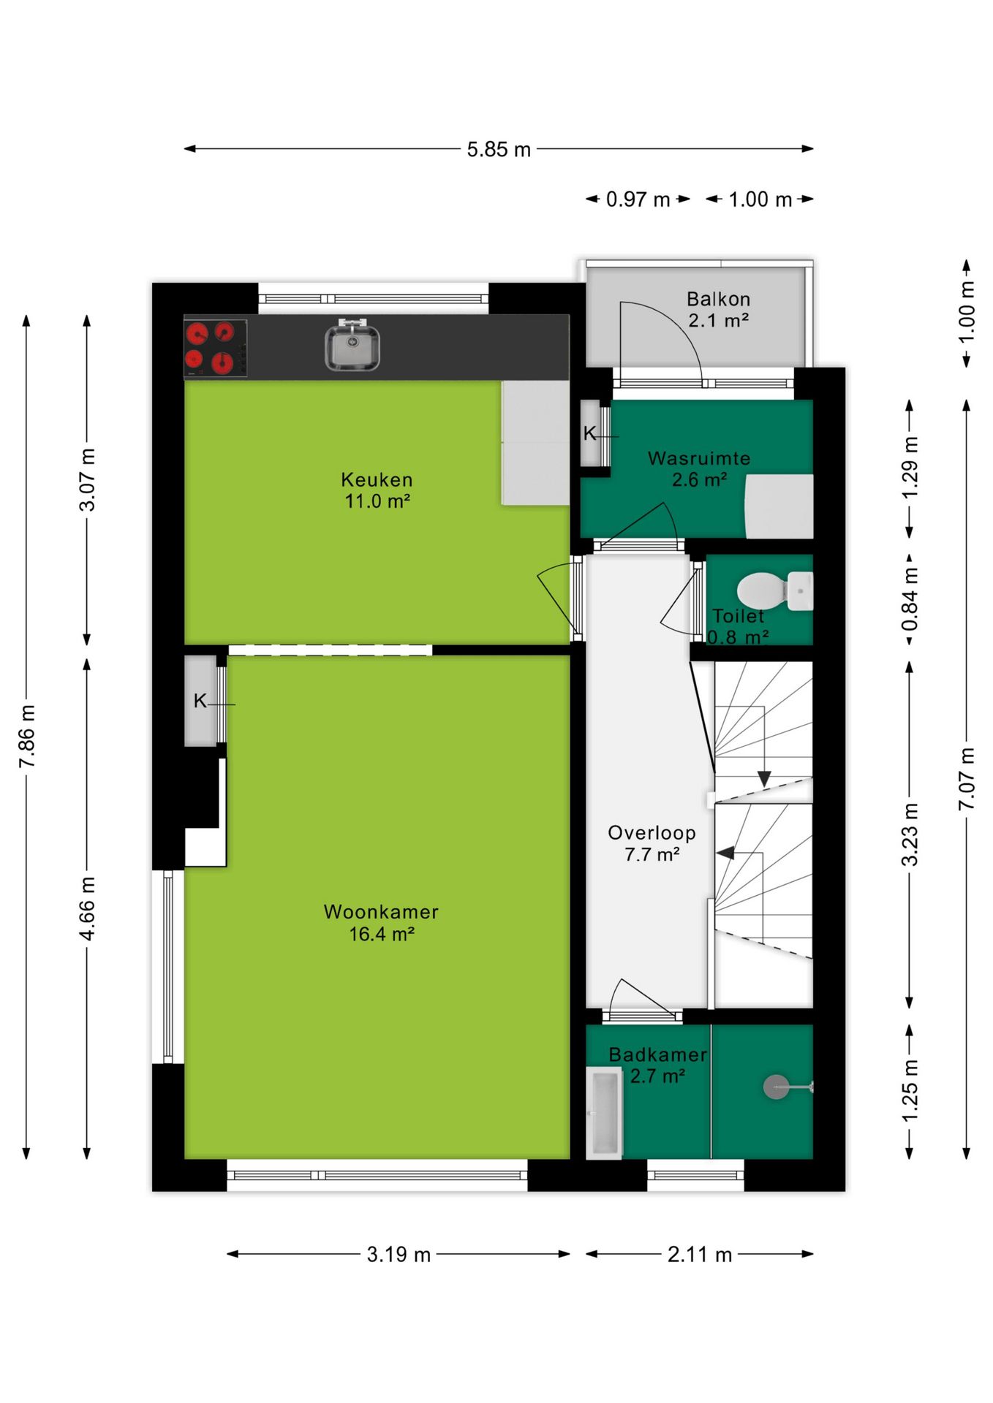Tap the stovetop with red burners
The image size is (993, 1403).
point(215,348)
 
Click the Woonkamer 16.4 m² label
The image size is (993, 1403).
point(381,923)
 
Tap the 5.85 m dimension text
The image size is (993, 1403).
point(499,150)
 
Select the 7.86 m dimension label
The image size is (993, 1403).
point(27,736)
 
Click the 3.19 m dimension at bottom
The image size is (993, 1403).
point(399,1255)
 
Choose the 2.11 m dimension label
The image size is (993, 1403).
point(699,1255)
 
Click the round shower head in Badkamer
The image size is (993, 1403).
point(776,1087)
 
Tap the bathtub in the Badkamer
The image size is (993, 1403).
point(604,1113)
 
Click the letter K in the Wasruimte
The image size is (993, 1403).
point(589,434)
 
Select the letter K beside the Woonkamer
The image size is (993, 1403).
point(200,701)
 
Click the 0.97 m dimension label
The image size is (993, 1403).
point(638,199)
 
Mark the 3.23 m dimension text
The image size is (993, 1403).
point(909,835)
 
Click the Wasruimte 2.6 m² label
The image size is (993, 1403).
point(699,469)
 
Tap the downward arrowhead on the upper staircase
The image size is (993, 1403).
point(763,779)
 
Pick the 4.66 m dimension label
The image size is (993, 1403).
point(87,908)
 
